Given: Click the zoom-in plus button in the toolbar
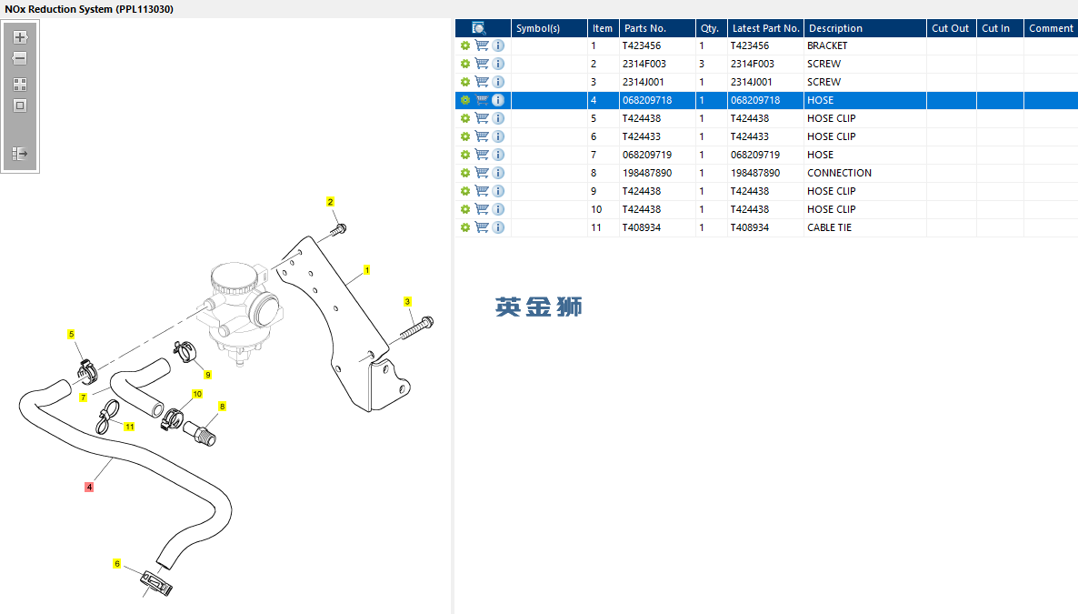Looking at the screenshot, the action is tap(20, 37).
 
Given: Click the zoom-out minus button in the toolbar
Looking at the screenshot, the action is tap(20, 58).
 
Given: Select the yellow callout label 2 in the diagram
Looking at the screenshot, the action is tap(331, 202).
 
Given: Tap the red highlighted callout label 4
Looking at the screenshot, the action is tap(89, 487).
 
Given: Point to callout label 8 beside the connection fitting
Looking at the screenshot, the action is tap(222, 406).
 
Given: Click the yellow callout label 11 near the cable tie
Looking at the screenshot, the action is tap(129, 427).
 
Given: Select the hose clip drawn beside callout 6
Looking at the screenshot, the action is tap(156, 582).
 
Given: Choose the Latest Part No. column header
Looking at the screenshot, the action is tap(766, 28).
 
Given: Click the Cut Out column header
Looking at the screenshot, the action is tap(950, 28).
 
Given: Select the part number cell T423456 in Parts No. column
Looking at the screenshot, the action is tap(642, 45).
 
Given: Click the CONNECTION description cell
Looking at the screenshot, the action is tap(840, 173).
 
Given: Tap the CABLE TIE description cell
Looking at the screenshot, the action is tap(829, 227).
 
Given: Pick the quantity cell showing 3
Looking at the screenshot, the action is tap(702, 64).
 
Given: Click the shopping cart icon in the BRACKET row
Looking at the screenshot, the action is tap(482, 45).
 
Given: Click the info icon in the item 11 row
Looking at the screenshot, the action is tap(498, 227).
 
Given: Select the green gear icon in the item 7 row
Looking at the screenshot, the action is tap(465, 155).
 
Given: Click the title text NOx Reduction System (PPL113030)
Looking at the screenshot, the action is tap(89, 9).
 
